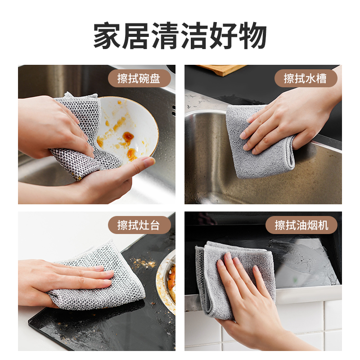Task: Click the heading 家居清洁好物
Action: point(180,36)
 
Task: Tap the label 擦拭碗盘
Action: point(139,78)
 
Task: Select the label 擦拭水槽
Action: point(305,78)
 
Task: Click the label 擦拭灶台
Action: point(139,225)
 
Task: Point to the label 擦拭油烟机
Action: point(301,225)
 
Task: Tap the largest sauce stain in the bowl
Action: point(128,137)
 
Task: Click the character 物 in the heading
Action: point(253,36)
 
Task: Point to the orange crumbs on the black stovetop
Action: point(144,263)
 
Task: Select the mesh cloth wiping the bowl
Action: point(85,135)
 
